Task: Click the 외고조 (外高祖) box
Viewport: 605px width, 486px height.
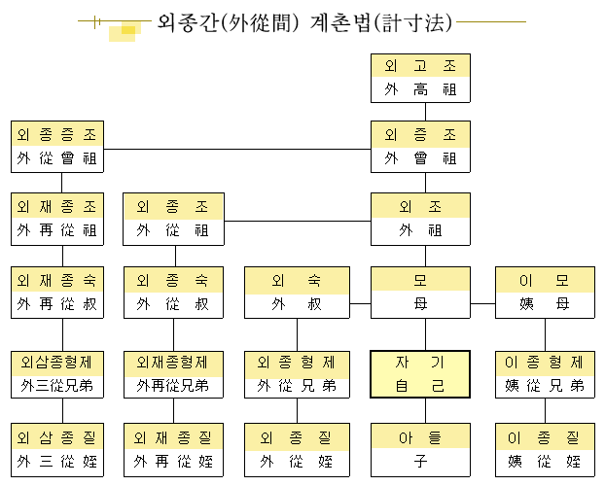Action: pyautogui.click(x=420, y=79)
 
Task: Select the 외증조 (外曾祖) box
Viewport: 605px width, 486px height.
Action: pyautogui.click(x=420, y=146)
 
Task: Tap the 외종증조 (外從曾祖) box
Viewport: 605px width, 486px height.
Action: pyautogui.click(x=61, y=146)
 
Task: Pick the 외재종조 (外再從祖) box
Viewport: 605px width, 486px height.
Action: pyautogui.click(x=61, y=219)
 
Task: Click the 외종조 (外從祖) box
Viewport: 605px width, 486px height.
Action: pyautogui.click(x=173, y=219)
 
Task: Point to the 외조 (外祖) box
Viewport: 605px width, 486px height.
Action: pyautogui.click(x=420, y=219)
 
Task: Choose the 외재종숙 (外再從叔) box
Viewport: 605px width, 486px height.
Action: pyautogui.click(x=61, y=293)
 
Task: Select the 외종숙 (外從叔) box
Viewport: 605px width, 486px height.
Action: pyautogui.click(x=173, y=293)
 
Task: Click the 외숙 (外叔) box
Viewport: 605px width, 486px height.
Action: pyautogui.click(x=297, y=293)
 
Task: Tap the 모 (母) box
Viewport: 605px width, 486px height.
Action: pyautogui.click(x=420, y=293)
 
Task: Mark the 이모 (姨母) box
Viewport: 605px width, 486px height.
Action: pyautogui.click(x=545, y=293)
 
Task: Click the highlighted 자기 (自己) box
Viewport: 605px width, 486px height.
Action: pyautogui.click(x=420, y=374)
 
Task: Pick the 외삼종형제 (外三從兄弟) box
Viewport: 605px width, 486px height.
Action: pyautogui.click(x=61, y=374)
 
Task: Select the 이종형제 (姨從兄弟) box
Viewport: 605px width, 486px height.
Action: pyautogui.click(x=545, y=374)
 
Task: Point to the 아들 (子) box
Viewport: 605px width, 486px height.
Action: pyautogui.click(x=420, y=449)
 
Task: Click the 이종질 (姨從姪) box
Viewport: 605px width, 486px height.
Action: pyautogui.click(x=545, y=449)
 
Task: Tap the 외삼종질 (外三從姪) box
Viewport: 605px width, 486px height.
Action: pyautogui.click(x=61, y=449)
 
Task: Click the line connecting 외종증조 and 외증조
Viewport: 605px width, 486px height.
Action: pyautogui.click(x=238, y=149)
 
